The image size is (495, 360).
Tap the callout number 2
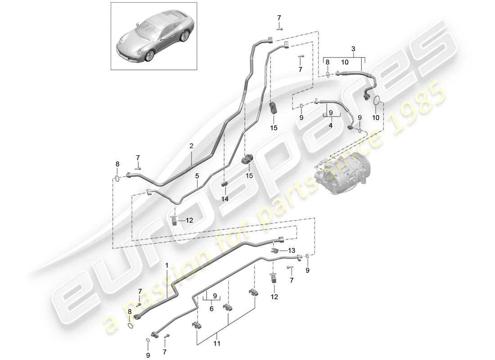[x=191, y=146]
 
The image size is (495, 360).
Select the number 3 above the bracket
[x=353, y=49]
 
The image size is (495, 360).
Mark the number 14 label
[x=225, y=198]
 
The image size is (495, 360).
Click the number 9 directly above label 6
[x=215, y=296]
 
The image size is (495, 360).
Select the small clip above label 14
[x=225, y=184]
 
